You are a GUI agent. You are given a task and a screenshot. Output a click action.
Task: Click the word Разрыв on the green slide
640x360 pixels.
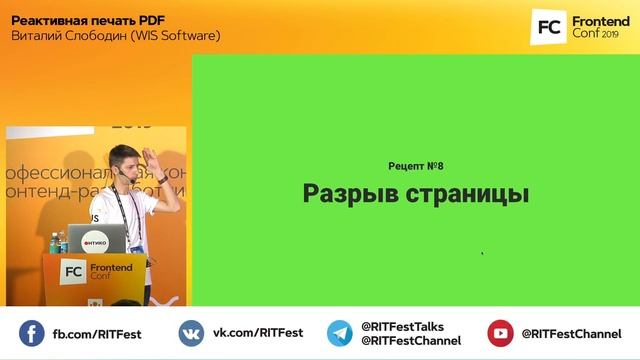(x=344, y=193)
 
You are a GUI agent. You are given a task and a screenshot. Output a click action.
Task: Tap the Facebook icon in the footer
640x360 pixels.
(x=32, y=333)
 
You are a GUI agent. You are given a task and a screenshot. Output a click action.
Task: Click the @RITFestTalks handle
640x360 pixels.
(x=402, y=326)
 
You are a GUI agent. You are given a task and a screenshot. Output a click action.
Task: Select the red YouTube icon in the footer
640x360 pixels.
(x=500, y=333)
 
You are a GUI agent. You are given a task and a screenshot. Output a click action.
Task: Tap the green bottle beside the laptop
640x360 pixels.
(x=62, y=242)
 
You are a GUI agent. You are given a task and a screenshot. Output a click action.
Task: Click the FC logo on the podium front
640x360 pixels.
(x=73, y=271)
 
